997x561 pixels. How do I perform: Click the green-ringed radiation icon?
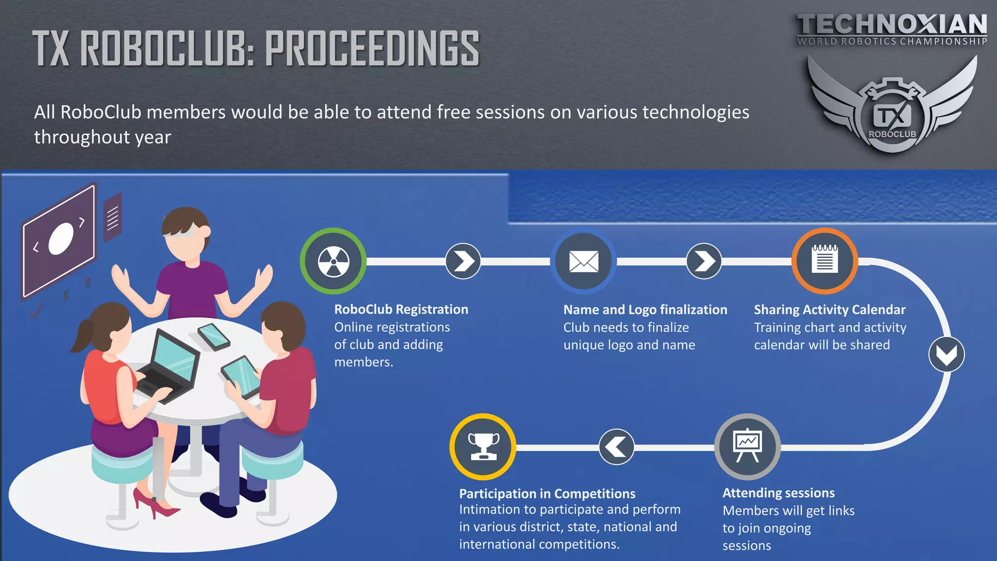333,261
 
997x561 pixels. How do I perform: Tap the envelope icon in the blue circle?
584,262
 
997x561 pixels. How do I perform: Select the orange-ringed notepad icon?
825,261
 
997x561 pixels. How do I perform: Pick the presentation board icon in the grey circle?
747,446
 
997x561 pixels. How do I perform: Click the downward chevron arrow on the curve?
946,355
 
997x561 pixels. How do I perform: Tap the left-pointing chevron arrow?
616,447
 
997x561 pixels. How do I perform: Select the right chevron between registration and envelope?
463,261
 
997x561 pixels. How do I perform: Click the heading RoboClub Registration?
401,309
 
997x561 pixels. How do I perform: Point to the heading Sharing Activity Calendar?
830,310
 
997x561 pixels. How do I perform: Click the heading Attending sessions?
778,493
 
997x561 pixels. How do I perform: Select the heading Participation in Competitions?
547,493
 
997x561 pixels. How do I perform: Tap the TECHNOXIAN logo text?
892,24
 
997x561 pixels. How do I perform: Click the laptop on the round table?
168,365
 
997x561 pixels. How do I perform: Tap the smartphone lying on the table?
214,337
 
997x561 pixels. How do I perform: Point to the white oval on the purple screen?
61,239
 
